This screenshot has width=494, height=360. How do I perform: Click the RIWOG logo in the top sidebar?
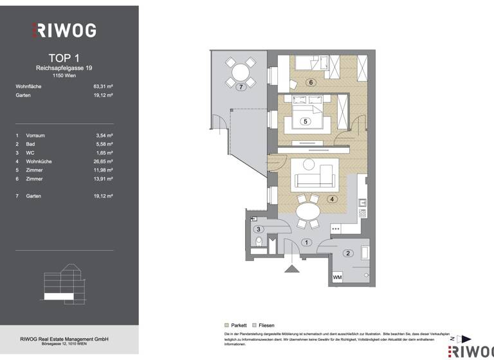click(x=64, y=30)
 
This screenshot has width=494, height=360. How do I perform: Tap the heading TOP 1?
click(x=64, y=59)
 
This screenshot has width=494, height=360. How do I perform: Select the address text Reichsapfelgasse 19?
click(x=64, y=67)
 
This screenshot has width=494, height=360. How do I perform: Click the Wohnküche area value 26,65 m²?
click(x=103, y=161)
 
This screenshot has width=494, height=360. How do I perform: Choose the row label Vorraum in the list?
click(x=35, y=136)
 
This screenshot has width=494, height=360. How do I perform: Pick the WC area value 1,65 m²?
click(x=103, y=153)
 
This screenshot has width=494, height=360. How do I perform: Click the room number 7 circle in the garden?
click(x=241, y=86)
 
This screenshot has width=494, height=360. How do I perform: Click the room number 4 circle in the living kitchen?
click(x=332, y=199)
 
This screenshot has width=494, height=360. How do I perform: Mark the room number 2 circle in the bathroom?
click(x=348, y=253)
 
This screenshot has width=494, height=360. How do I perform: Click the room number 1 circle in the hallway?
click(x=307, y=242)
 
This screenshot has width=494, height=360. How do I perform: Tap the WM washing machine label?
click(x=337, y=277)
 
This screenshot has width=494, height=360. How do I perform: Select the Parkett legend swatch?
click(x=226, y=326)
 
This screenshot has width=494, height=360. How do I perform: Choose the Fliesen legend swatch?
click(x=255, y=326)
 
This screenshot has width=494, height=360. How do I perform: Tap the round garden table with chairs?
click(x=239, y=70)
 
